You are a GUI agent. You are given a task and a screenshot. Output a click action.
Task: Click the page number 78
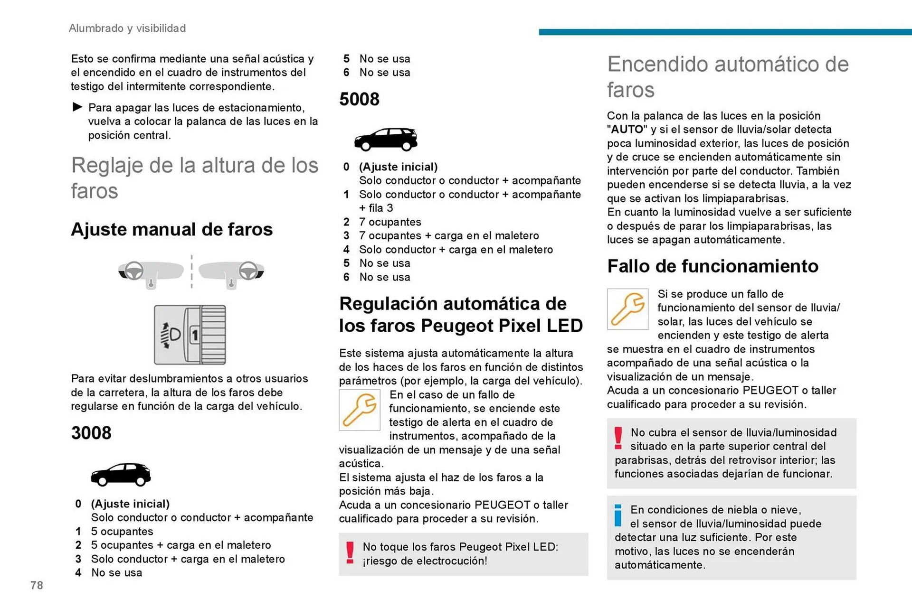[x=37, y=585]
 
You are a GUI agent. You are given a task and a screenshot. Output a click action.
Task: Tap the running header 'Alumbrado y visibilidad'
[x=127, y=28]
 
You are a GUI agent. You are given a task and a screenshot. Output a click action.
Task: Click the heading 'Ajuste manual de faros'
[x=171, y=229]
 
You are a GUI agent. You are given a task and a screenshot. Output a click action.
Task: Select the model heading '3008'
[x=91, y=433]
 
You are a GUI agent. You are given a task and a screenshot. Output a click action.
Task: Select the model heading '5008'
[x=359, y=99]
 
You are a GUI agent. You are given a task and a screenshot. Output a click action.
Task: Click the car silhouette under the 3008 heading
[x=121, y=474]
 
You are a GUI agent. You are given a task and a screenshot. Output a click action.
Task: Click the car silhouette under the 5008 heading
[x=385, y=139]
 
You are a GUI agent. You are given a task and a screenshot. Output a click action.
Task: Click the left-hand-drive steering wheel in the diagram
[x=133, y=271]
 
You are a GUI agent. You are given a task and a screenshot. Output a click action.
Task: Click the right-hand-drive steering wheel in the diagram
[x=248, y=271]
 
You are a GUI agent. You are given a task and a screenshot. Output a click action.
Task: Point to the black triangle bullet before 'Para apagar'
[x=77, y=107]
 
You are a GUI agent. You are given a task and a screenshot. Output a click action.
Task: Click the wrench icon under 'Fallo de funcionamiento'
[x=627, y=309]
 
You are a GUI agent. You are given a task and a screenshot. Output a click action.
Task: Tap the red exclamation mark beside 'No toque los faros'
[x=350, y=553]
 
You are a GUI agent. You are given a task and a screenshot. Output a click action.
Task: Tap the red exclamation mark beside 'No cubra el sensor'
[x=618, y=438]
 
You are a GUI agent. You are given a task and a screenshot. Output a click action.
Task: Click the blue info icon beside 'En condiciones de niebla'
[x=618, y=515]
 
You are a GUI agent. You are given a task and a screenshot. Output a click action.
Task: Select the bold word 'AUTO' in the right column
[x=627, y=130]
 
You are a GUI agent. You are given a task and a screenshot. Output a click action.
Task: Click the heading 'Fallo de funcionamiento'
[x=712, y=266]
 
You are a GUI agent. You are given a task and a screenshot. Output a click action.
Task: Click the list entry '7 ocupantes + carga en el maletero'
[x=449, y=236]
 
